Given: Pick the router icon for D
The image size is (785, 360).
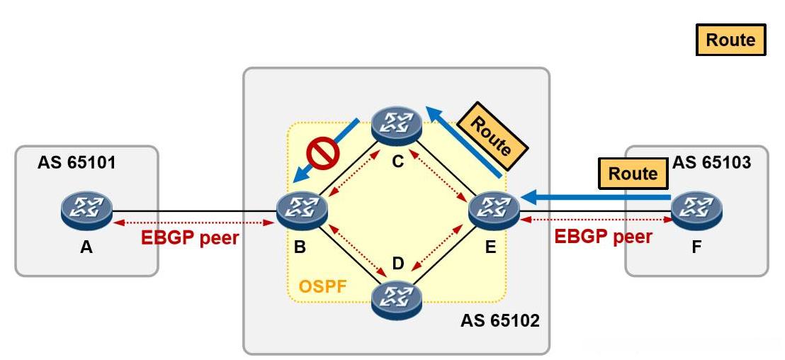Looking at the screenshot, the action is coord(397,301).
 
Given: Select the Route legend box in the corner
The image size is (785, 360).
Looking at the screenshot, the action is coord(730,40).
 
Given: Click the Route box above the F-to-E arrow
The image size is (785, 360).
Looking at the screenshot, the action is coord(633,174).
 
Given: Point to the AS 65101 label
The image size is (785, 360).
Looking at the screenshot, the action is coord(76,163).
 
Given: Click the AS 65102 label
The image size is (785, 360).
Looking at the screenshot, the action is coord(500,320).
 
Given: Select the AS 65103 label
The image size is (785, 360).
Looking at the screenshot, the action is coord(711,163).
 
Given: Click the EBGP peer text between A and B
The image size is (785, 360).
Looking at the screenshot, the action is coord(190,237).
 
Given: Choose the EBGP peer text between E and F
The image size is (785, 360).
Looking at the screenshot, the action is coord(603,236).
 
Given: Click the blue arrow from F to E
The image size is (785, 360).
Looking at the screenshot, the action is coord(595,198).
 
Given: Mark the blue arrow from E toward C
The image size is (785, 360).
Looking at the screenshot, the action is coord(463,142).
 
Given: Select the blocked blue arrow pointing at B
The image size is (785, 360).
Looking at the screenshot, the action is coord(326,151).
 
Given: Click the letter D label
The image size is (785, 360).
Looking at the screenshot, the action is coord(397,264).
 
